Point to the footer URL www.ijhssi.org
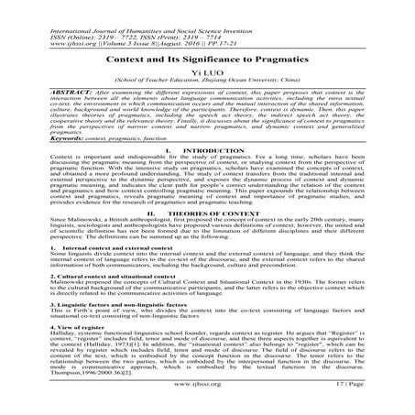[208, 399]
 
